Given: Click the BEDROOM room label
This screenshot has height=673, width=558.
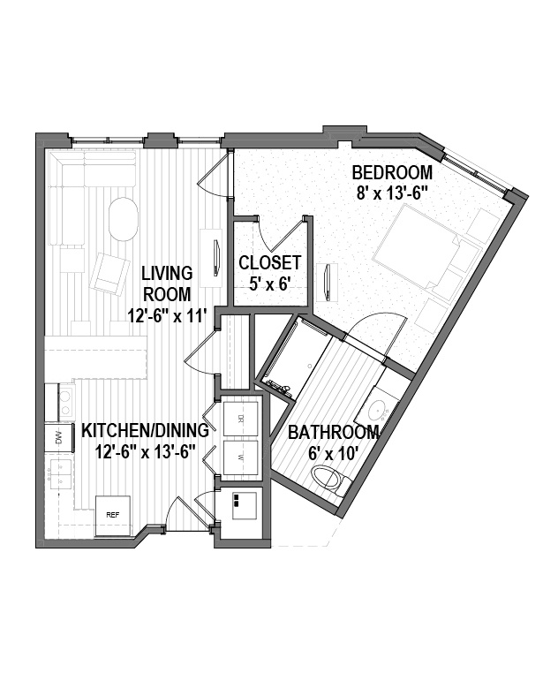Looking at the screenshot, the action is pos(392,172).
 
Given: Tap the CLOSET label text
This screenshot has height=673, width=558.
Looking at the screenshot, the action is pos(270,262).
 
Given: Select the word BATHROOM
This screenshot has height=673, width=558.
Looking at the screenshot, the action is pos(334,432).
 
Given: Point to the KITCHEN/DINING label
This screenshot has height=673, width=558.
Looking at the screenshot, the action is pos(145,430).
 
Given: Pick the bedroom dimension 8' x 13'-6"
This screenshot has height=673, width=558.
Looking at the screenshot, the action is pos(393,193).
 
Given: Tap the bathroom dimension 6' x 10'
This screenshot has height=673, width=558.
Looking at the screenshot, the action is pos(334,453).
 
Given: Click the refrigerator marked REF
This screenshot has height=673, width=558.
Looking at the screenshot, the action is pos(112,516).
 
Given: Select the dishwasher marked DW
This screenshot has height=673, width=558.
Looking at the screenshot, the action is pos(59,438).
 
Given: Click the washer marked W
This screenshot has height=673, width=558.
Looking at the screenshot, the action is pos(241,457).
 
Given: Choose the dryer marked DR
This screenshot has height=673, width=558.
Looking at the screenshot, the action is pos(241,418).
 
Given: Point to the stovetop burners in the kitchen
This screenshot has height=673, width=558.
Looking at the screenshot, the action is pos(64,402).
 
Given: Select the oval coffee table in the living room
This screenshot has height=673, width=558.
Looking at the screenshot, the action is pos(124,220).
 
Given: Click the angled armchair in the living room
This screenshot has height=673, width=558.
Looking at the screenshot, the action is pos(109,274).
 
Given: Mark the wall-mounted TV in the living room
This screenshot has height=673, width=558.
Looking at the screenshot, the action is pos(216,258).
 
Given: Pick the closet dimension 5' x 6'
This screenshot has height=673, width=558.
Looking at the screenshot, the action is pos(270,284).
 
